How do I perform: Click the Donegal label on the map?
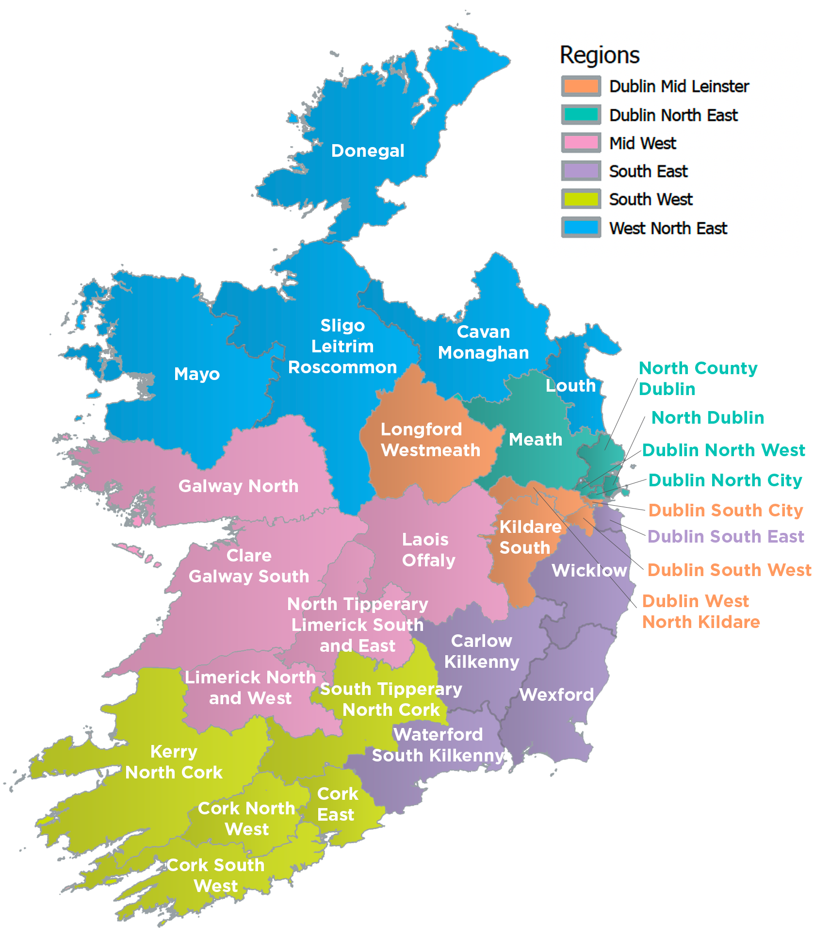tap(367, 151)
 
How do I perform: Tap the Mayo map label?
tap(197, 374)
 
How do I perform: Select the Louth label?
tap(570, 386)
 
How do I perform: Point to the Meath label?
tap(536, 440)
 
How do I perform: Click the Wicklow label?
tap(589, 571)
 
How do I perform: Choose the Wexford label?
tap(556, 695)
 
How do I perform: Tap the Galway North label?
tap(238, 486)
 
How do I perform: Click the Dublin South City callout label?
tap(726, 511)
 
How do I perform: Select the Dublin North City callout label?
tap(725, 480)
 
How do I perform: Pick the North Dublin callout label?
tap(708, 418)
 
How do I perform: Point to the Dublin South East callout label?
tap(726, 537)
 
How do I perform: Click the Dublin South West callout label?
tap(730, 570)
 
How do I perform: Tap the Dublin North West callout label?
tap(724, 450)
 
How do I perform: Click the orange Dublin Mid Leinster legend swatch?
tap(581, 86)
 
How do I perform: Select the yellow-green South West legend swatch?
tap(581, 199)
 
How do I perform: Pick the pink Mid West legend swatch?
tap(581, 143)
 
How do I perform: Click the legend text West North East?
tap(668, 228)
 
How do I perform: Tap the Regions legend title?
tap(600, 55)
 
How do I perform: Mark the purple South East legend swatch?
tap(581, 171)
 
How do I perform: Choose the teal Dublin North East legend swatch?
tap(581, 115)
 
